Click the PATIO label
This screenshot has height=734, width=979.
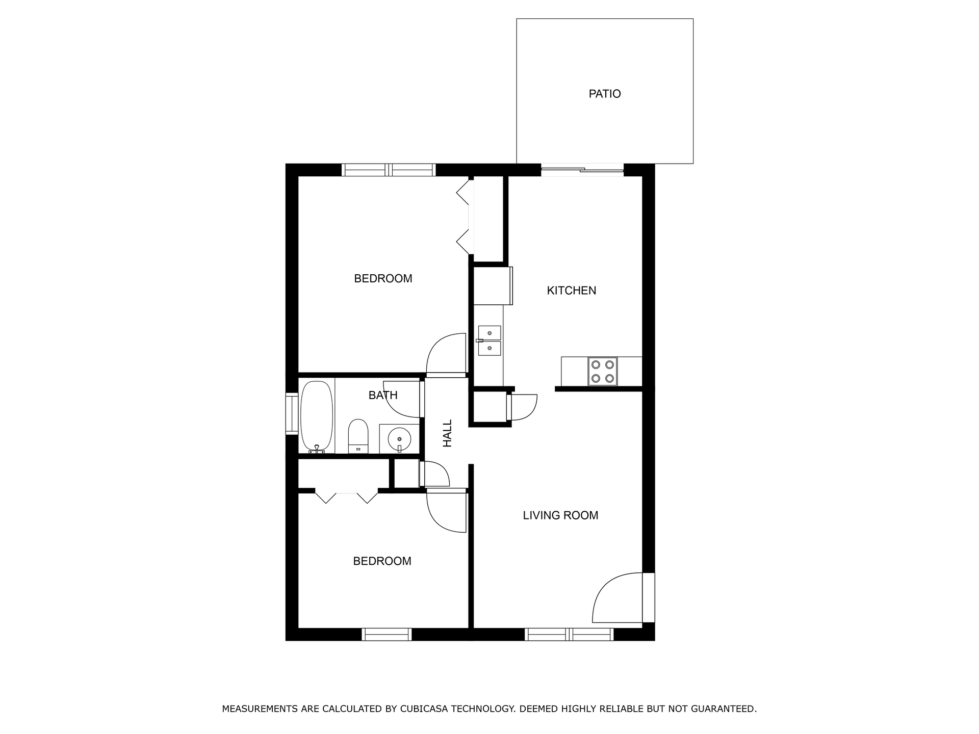(605, 94)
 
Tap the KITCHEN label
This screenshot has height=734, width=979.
(571, 291)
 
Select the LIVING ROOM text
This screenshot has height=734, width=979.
(560, 515)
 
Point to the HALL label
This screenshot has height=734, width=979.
(447, 433)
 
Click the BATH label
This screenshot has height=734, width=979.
(383, 395)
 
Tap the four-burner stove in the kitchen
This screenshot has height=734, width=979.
(602, 371)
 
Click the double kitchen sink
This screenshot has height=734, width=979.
(489, 340)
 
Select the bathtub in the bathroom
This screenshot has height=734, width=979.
(317, 417)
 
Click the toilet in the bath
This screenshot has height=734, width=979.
(358, 436)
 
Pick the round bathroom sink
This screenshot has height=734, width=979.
(399, 438)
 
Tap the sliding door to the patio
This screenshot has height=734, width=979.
(582, 170)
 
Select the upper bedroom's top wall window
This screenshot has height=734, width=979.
(389, 170)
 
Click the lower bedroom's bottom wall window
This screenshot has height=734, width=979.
(387, 634)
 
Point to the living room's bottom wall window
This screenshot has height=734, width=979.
(569, 634)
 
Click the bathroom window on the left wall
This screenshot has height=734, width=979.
(292, 414)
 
